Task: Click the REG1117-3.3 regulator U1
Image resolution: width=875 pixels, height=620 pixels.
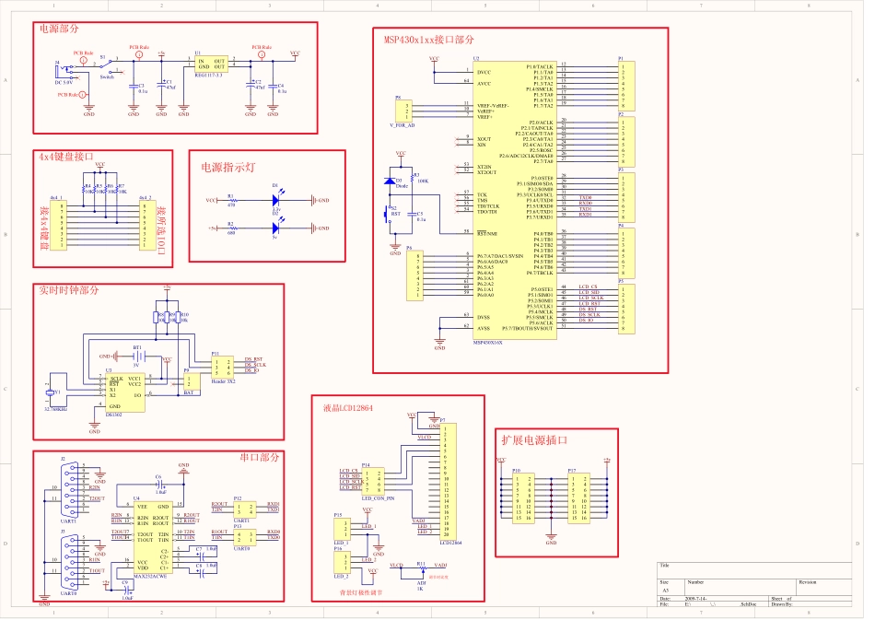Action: click(211, 64)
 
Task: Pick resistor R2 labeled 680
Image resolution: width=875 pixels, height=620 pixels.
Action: click(231, 227)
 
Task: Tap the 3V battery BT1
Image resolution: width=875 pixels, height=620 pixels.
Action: click(138, 357)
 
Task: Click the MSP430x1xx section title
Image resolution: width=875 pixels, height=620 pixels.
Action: click(429, 41)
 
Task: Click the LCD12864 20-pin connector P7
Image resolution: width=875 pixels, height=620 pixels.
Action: click(447, 482)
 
